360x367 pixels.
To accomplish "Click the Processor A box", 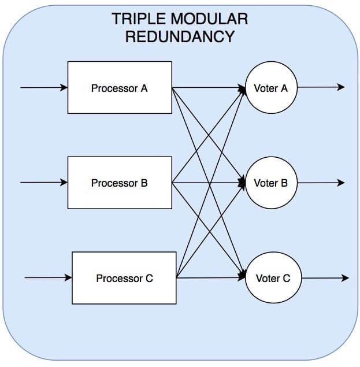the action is coord(120,87).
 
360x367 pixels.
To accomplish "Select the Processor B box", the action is coord(120,183).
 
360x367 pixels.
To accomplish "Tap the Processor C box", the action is coord(124,278).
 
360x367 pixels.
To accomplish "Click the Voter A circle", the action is coord(271,87).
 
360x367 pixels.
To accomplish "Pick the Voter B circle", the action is coord(271,183).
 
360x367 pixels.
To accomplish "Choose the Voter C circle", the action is coord(273,277).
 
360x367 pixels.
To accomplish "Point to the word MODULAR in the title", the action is coord(210,18).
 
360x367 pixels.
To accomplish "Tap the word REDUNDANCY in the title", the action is coord(180,36).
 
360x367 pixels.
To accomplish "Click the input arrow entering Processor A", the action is coord(44,87).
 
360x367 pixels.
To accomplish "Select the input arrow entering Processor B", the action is coord(44,182).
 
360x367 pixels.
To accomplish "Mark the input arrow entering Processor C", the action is coord(48,277).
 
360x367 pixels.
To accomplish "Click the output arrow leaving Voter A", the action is coord(321,87).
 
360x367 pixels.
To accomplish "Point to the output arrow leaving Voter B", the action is coord(321,182).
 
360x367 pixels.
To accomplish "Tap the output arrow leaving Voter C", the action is coord(325,278).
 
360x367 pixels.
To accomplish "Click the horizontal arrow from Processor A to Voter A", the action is coord(209,88).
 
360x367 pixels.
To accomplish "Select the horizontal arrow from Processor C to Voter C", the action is coord(211,278).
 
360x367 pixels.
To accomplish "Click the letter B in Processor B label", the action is coord(144,183).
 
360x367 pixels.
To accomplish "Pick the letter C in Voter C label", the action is coord(287,279).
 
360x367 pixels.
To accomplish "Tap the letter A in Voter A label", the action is coord(284,88).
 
